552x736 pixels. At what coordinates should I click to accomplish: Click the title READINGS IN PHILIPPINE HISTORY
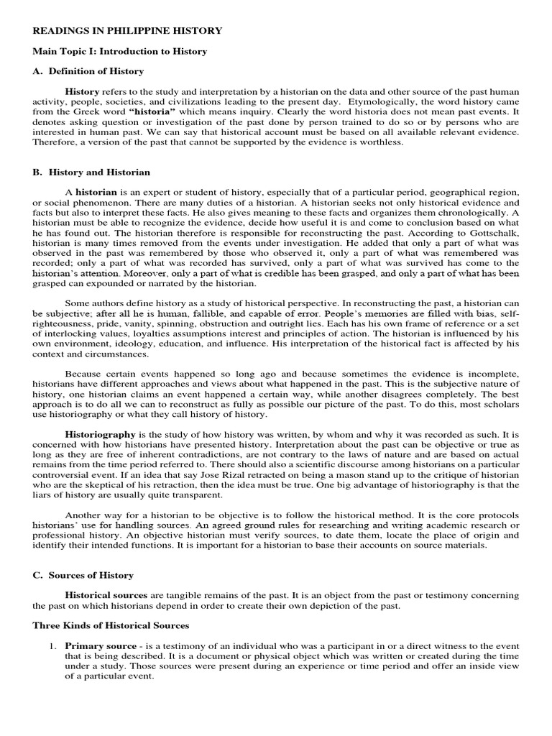coord(127,31)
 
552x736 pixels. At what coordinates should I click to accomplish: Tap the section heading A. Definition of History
coord(88,71)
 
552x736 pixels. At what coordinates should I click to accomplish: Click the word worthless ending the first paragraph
coord(382,142)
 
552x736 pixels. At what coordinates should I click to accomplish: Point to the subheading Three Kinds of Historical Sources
coord(111,625)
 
